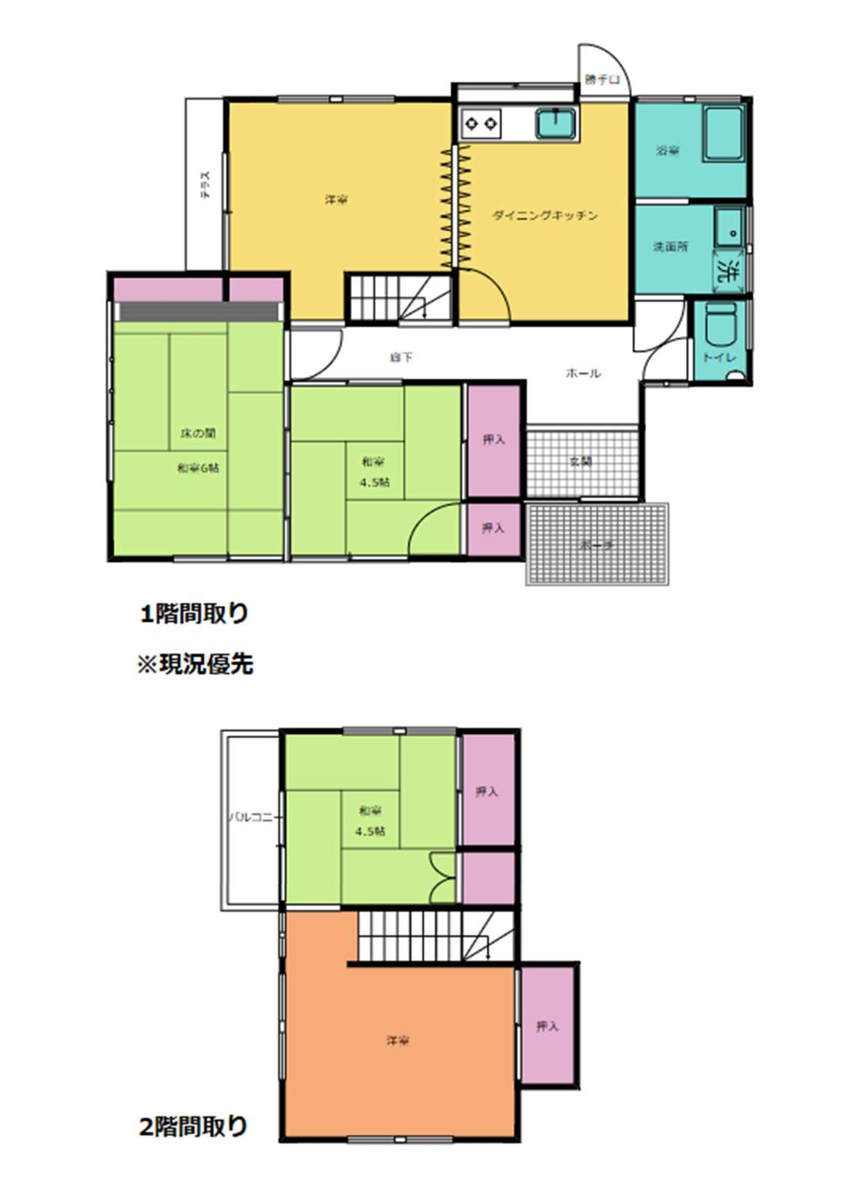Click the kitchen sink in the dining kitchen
coord(557,124)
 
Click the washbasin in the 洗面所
coord(728,225)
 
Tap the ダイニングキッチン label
coord(545,215)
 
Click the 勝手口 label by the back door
coord(602,80)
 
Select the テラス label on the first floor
coord(205,184)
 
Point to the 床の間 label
coord(198,433)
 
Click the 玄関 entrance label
coord(580,461)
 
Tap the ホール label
coord(583,373)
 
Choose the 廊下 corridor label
coord(401,358)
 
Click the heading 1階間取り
coord(195,614)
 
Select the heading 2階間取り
coord(194,1125)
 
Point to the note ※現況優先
coord(195,664)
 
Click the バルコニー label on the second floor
coord(252,817)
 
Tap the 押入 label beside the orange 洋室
coord(547,1026)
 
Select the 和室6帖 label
coord(198,468)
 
